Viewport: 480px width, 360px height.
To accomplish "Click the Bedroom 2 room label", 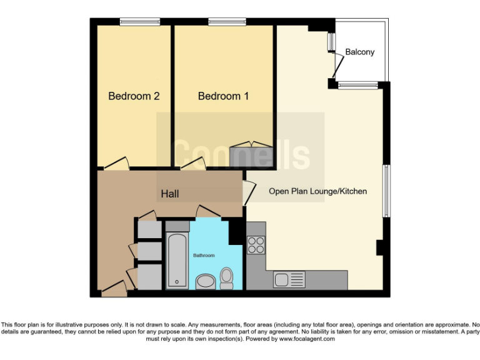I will [134, 96].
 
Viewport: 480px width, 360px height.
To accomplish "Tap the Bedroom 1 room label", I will [223, 96].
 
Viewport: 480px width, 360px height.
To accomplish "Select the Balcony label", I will [359, 52].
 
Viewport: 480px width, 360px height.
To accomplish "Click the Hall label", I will [169, 194].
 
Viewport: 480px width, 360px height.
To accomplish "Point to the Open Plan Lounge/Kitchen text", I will [317, 191].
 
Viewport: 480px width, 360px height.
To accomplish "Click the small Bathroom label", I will [203, 256].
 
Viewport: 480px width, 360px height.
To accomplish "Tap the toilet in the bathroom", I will [226, 277].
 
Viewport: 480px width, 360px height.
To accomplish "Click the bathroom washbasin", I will [204, 282].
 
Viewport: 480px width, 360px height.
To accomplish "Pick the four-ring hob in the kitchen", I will [256, 244].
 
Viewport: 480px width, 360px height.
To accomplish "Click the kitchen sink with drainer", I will [289, 279].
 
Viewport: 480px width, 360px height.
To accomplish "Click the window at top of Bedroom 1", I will [227, 22].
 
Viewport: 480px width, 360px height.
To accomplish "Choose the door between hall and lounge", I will [249, 189].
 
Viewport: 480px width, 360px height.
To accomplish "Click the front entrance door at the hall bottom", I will [114, 288].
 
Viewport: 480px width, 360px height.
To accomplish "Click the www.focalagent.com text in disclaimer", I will [307, 339].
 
